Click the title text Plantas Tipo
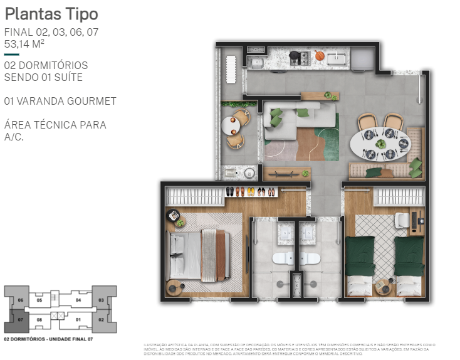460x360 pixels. coord(51,14)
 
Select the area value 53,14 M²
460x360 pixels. coord(24,44)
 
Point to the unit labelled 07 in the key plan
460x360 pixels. coord(20,320)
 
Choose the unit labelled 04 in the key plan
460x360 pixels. coord(78,300)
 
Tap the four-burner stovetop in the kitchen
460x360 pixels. coord(298,58)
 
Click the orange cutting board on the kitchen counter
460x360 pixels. coord(320,56)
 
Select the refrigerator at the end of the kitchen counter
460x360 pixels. coord(362,59)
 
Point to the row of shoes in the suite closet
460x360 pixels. coord(249,192)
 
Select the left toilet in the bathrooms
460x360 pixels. coord(280,258)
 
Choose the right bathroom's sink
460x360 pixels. coord(307,233)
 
